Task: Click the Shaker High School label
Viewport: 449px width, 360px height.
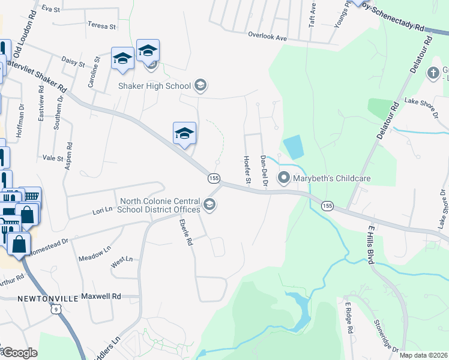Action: coord(154,86)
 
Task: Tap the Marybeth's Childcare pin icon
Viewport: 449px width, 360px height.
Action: coord(283,178)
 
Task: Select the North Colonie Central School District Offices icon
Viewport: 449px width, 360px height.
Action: coord(209,205)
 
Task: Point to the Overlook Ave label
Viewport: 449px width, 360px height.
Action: coord(268,37)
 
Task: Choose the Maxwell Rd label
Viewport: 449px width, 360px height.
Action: coord(101,296)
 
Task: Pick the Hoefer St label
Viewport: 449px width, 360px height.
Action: coord(246,169)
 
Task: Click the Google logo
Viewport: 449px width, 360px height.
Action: coord(20,353)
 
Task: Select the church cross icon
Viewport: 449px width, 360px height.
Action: coord(433,73)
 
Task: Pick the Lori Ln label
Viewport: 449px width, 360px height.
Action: coord(102,210)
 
